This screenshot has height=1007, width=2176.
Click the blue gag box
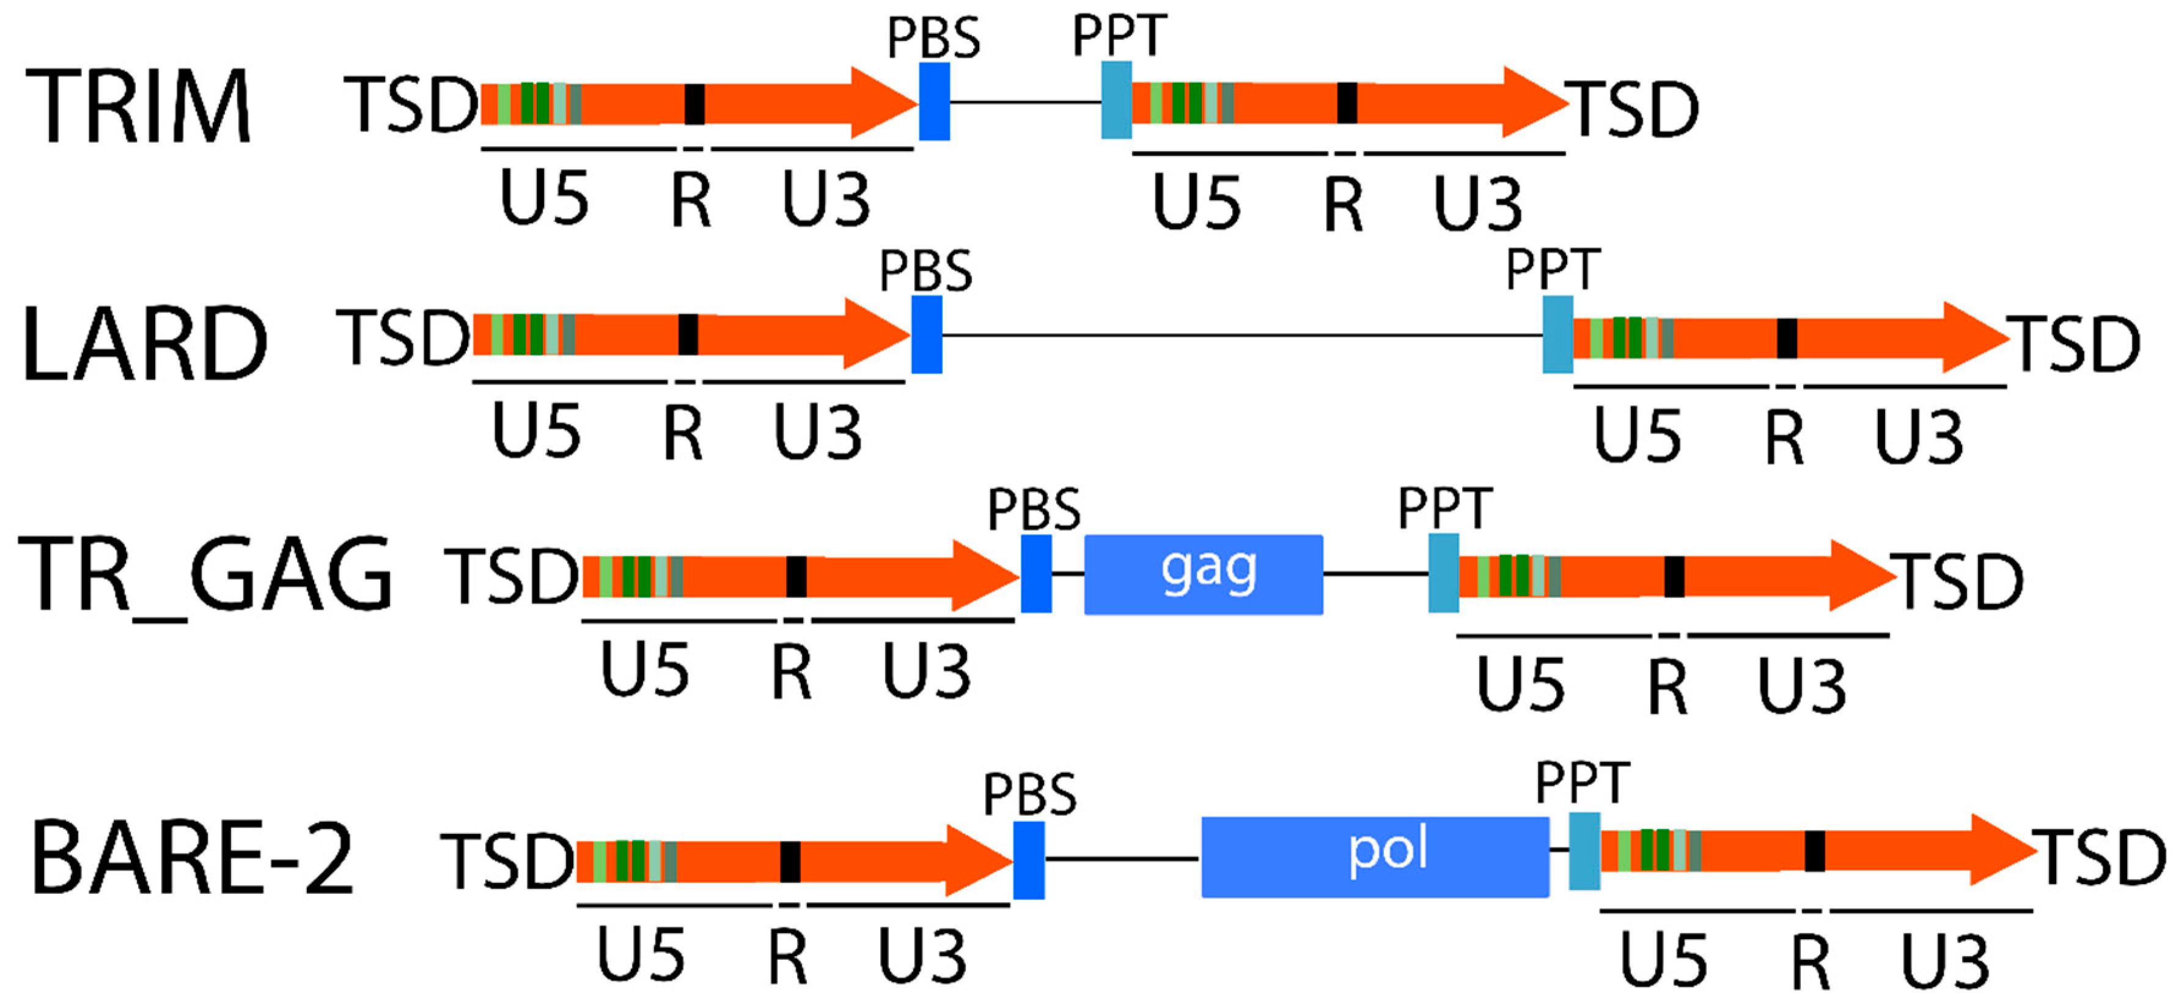1203,575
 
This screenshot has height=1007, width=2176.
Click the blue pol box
1375,857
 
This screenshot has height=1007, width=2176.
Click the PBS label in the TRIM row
933,38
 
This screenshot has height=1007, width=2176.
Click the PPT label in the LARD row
1553,270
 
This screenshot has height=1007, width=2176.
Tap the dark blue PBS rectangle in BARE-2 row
1029,860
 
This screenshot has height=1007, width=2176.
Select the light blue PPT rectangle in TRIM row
1116,100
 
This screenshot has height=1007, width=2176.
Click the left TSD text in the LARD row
403,338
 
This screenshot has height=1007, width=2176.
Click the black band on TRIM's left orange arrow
694,104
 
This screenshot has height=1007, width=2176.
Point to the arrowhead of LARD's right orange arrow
1977,338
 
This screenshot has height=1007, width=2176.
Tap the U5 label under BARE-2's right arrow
1663,961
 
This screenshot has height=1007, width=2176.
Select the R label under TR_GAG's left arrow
792,673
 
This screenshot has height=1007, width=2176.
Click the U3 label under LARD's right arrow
1918,437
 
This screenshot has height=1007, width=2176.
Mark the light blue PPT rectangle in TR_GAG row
1443,573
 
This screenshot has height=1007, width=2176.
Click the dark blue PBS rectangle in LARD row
927,334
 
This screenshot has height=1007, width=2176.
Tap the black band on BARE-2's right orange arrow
1815,850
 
